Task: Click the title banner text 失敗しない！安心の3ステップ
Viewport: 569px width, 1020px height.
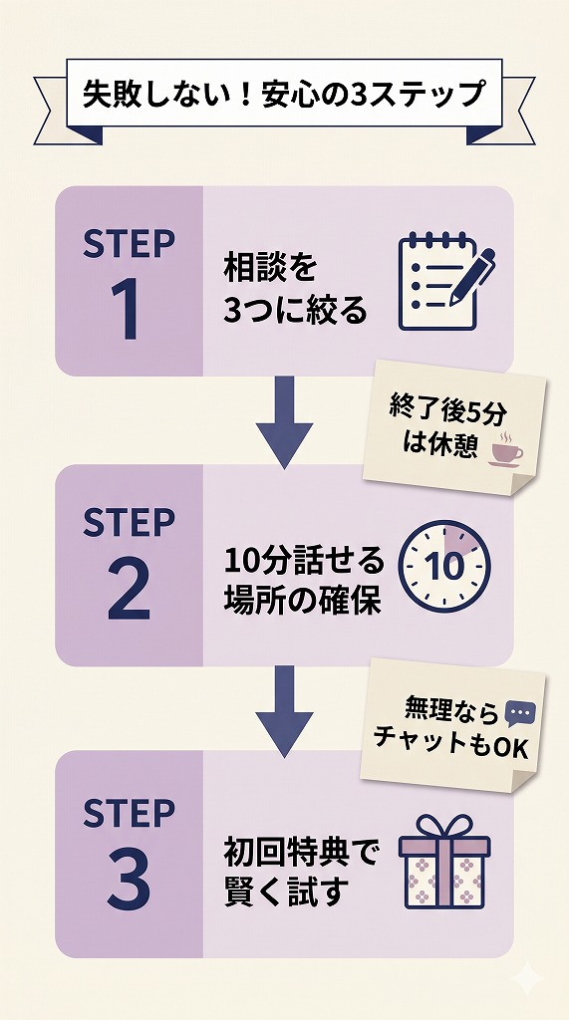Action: click(x=283, y=96)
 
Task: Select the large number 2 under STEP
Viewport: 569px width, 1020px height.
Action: click(x=129, y=592)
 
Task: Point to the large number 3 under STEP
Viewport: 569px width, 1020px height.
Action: click(x=129, y=881)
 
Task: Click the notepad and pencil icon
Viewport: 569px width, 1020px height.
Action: click(x=445, y=281)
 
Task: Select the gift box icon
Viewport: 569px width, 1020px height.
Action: click(x=444, y=863)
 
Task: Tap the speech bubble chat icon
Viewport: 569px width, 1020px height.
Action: click(x=520, y=713)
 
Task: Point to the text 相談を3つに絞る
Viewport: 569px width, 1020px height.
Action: click(x=295, y=289)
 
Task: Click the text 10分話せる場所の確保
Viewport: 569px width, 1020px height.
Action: click(x=304, y=581)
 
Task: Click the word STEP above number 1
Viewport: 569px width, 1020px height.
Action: click(x=129, y=244)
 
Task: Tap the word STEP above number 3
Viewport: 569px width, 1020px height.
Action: click(x=129, y=813)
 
